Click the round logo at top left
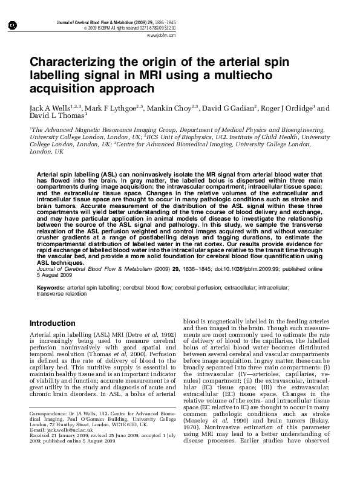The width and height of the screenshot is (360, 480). (11, 25)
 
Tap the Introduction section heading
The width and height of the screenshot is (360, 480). (53, 323)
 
